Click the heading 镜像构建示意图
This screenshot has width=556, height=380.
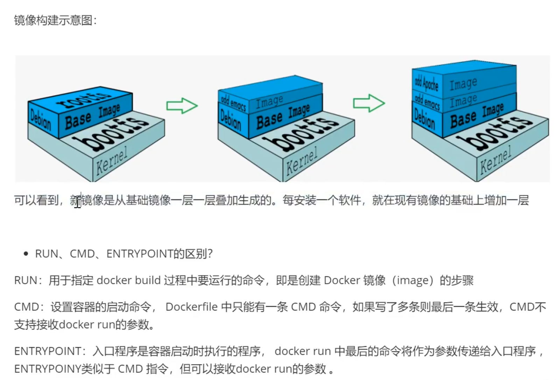pyautogui.click(x=55, y=20)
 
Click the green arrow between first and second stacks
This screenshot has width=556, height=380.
pyautogui.click(x=182, y=106)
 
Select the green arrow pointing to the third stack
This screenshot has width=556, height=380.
pyautogui.click(x=369, y=103)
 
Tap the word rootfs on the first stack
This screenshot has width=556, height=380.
pyautogui.click(x=83, y=100)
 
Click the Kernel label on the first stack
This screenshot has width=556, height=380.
pyautogui.click(x=112, y=161)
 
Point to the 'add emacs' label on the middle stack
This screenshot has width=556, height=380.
pyautogui.click(x=233, y=104)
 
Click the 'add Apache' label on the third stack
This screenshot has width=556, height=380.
pyautogui.click(x=427, y=83)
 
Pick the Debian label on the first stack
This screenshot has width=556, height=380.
pyautogui.click(x=41, y=120)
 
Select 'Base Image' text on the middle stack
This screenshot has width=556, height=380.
pyautogui.click(x=283, y=116)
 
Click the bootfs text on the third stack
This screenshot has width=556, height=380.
pyautogui.click(x=494, y=133)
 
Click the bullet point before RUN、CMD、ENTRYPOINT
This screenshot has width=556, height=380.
pyautogui.click(x=26, y=254)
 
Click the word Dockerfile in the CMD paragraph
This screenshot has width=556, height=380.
pyautogui.click(x=192, y=307)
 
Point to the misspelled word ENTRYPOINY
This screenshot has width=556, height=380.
pyautogui.click(x=48, y=369)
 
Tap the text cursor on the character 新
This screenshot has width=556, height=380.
pyautogui.click(x=78, y=200)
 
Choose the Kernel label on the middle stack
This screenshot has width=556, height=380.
pyautogui.click(x=302, y=161)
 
